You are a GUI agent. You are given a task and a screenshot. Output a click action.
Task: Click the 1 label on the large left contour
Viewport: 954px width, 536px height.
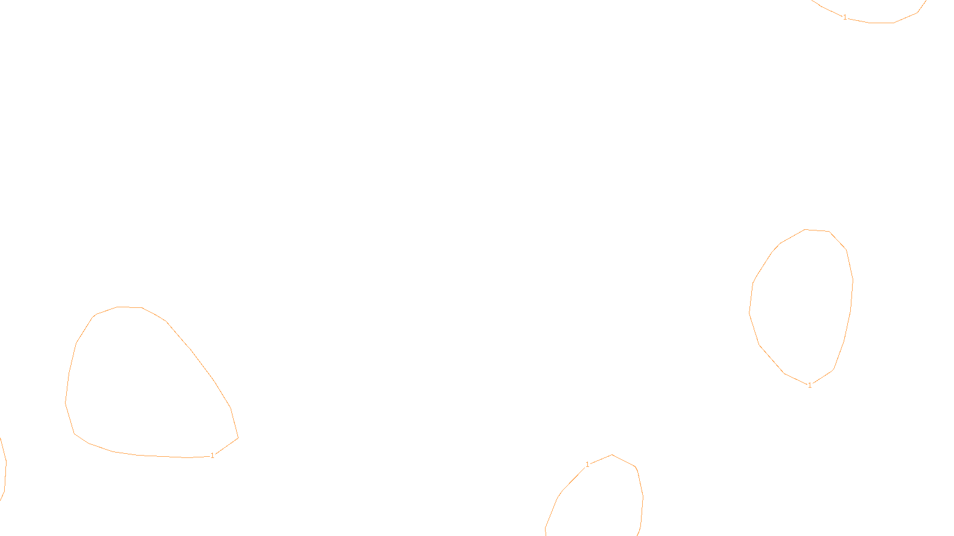(x=212, y=456)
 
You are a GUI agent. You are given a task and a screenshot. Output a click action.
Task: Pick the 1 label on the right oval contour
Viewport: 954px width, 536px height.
(x=810, y=385)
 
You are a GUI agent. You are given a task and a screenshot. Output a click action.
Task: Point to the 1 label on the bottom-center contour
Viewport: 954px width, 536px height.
(x=587, y=465)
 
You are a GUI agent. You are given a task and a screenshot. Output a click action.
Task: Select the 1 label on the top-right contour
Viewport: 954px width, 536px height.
(x=845, y=17)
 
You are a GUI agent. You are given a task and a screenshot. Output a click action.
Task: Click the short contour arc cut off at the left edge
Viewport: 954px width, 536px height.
(x=5, y=468)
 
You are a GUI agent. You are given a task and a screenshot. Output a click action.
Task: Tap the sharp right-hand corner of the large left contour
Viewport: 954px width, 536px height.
(x=238, y=438)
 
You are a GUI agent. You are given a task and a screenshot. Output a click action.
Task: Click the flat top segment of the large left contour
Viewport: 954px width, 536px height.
(x=130, y=307)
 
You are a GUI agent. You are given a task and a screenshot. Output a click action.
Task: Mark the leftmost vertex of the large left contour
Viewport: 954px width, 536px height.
(x=66, y=403)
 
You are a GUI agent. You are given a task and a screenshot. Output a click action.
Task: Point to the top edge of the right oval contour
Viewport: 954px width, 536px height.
(x=817, y=230)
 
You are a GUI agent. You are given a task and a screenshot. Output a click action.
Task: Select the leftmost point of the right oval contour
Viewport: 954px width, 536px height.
(x=749, y=312)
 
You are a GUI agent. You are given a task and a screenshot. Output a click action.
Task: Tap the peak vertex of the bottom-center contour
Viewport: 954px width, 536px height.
(x=612, y=455)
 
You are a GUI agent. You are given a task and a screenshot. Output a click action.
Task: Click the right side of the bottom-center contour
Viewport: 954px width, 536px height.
(x=642, y=497)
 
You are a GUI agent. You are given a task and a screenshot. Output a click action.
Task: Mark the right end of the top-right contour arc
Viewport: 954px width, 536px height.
(x=925, y=2)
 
